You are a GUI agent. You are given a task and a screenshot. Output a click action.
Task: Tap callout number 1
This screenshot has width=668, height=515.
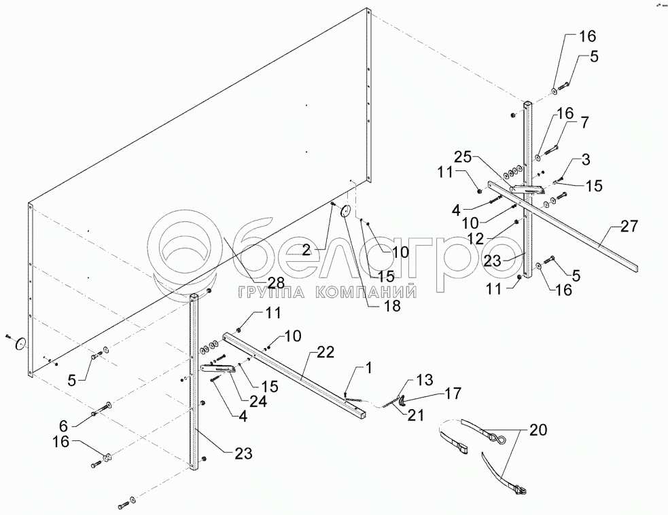click(x=369, y=368)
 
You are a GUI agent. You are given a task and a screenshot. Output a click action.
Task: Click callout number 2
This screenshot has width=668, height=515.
click(x=307, y=250)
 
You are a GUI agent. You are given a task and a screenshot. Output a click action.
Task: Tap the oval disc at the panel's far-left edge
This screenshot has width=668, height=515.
click(x=21, y=344)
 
